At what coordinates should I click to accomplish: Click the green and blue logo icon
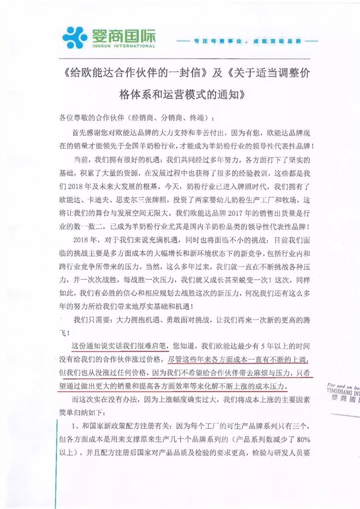click(77, 35)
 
